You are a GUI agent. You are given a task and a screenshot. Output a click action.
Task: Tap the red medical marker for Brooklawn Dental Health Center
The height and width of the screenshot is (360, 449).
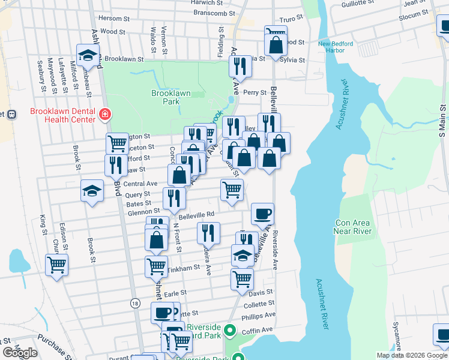pyautogui.click(x=106, y=114)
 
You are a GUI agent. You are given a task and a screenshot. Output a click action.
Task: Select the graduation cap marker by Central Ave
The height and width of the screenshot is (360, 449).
pyautogui.click(x=92, y=191)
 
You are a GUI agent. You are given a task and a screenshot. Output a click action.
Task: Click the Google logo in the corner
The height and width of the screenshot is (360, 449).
pyautogui.click(x=20, y=353)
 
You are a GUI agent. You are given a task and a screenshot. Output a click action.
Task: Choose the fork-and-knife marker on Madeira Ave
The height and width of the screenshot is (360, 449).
pyautogui.click(x=208, y=232)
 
